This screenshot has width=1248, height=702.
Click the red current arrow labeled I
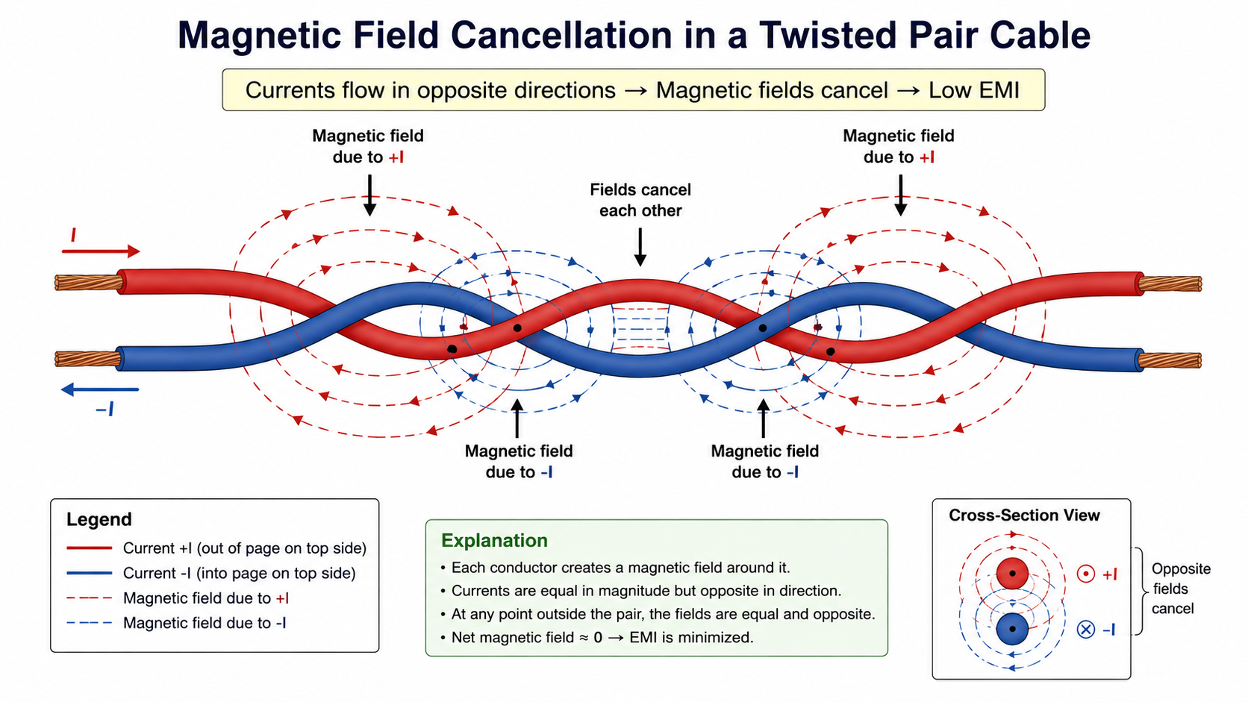tap(101, 251)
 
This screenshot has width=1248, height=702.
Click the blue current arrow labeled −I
tap(100, 389)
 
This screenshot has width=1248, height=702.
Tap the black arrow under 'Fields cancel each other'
tap(640, 247)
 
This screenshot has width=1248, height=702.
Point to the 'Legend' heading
tap(99, 519)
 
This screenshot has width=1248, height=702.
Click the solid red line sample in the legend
tap(89, 548)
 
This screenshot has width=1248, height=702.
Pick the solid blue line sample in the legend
tap(89, 573)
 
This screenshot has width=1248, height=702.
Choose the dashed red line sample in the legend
tap(89, 598)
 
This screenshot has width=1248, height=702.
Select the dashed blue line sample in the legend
tap(89, 622)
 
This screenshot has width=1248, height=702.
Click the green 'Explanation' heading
tap(494, 541)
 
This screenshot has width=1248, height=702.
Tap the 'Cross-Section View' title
tap(1024, 515)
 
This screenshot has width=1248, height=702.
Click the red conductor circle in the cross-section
tap(1012, 573)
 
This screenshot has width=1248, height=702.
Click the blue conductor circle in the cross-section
tap(1012, 628)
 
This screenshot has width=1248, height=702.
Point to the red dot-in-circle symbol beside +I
tap(1086, 574)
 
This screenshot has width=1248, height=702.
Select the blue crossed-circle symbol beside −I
tap(1086, 630)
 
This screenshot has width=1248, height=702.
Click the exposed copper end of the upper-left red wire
tap(89, 283)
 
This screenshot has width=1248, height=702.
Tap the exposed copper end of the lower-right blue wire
tap(1169, 360)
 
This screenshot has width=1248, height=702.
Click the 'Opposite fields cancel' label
tap(1181, 589)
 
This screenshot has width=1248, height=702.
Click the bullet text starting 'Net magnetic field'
tap(602, 637)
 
